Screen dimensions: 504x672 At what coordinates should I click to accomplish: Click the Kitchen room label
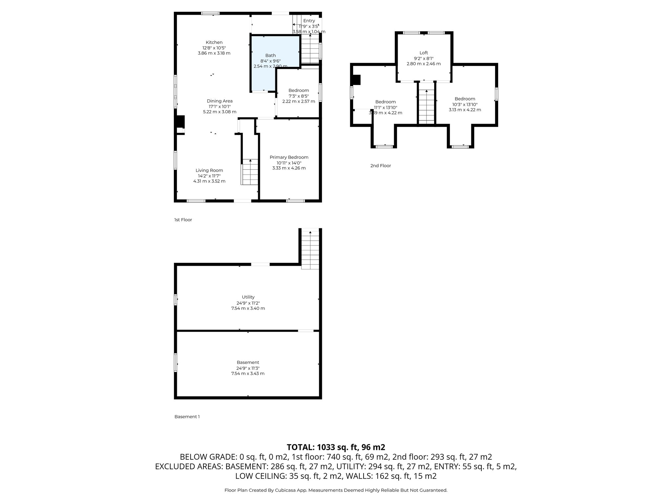pos(214,42)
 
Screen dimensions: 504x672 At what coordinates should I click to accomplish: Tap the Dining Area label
pos(220,101)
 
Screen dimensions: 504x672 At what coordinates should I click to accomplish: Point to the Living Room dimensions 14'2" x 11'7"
pos(209,176)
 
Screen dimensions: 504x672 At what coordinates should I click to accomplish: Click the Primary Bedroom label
pos(289,157)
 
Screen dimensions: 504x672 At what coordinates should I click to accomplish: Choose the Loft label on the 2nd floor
pos(424,53)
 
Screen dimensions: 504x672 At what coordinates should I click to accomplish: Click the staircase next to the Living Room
pos(250,172)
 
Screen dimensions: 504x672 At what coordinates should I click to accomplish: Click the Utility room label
pos(248,297)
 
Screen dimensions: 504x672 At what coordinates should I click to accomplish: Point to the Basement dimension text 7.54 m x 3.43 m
pos(248,373)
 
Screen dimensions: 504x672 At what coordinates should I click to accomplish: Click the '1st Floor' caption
pos(183,220)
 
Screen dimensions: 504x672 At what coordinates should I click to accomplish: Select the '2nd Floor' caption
pos(381,166)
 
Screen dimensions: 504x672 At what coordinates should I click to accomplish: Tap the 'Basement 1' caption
pos(187,417)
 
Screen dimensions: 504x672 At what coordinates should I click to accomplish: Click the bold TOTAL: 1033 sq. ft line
pos(336,447)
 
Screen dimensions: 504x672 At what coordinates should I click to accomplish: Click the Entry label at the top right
pos(309,21)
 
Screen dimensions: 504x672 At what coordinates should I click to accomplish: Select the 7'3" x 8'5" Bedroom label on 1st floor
pos(299,91)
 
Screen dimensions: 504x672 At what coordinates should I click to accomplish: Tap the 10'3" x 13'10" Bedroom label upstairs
pos(465,99)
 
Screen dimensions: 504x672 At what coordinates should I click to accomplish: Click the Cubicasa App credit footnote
pos(336,490)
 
